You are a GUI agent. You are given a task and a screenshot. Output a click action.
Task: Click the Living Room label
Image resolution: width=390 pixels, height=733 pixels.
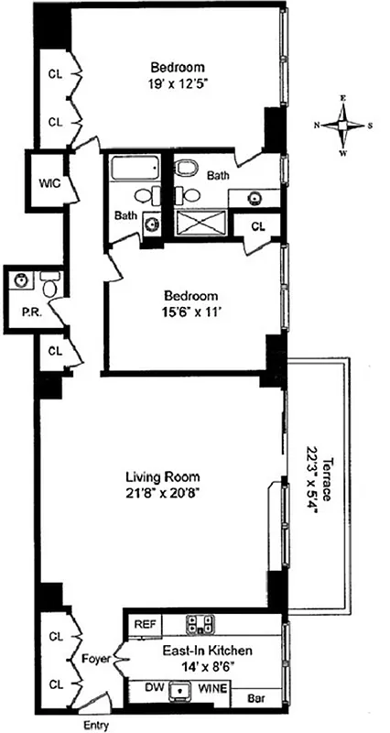click(161, 476)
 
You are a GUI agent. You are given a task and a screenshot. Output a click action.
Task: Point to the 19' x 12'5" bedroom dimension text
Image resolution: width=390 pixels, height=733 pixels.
click(179, 85)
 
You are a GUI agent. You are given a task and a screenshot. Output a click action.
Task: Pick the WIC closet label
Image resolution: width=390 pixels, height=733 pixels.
click(49, 182)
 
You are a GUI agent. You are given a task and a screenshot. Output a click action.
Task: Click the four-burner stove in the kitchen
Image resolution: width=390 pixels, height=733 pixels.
click(200, 624)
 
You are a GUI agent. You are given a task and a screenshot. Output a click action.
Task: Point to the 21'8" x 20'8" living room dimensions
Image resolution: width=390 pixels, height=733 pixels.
click(161, 493)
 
